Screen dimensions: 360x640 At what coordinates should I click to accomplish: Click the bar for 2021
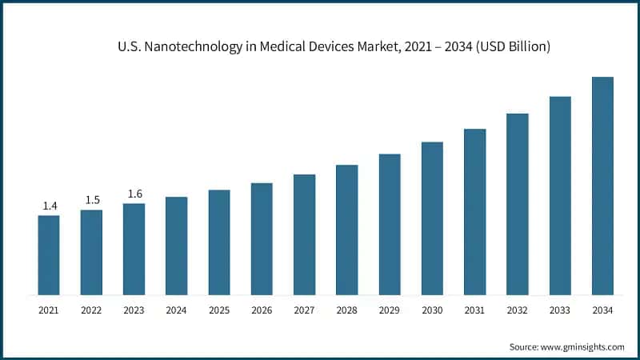point(49,254)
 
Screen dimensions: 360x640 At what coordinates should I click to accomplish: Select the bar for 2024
point(176,246)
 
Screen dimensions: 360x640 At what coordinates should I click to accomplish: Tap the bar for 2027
point(304,234)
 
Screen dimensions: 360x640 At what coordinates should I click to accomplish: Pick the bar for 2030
point(432,218)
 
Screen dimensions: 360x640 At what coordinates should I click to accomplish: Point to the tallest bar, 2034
point(602,186)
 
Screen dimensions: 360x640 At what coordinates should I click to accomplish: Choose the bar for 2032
point(518,203)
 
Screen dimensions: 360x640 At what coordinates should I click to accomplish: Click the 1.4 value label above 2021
point(49,206)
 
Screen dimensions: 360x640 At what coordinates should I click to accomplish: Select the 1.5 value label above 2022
point(91,200)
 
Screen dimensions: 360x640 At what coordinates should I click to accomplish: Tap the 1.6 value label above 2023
point(134,194)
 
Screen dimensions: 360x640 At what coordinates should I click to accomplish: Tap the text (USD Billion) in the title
point(510,47)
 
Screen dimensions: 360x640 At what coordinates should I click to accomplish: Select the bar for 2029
point(390,224)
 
